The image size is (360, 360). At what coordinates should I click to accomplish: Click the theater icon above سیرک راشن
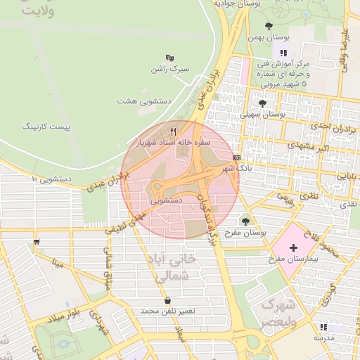[169, 58]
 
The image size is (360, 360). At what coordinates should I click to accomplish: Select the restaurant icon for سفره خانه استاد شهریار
[173, 131]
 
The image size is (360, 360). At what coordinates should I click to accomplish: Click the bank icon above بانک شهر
[236, 157]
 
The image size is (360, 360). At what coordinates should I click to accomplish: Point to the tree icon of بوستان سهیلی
[262, 103]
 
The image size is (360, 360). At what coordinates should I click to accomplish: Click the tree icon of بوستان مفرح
[245, 221]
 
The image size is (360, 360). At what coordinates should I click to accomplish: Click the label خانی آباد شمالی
[172, 268]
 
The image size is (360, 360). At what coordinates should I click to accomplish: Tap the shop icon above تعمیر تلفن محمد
[167, 300]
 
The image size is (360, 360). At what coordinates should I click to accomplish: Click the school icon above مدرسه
[323, 327]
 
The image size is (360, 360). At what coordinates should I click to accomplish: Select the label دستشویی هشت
[145, 101]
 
